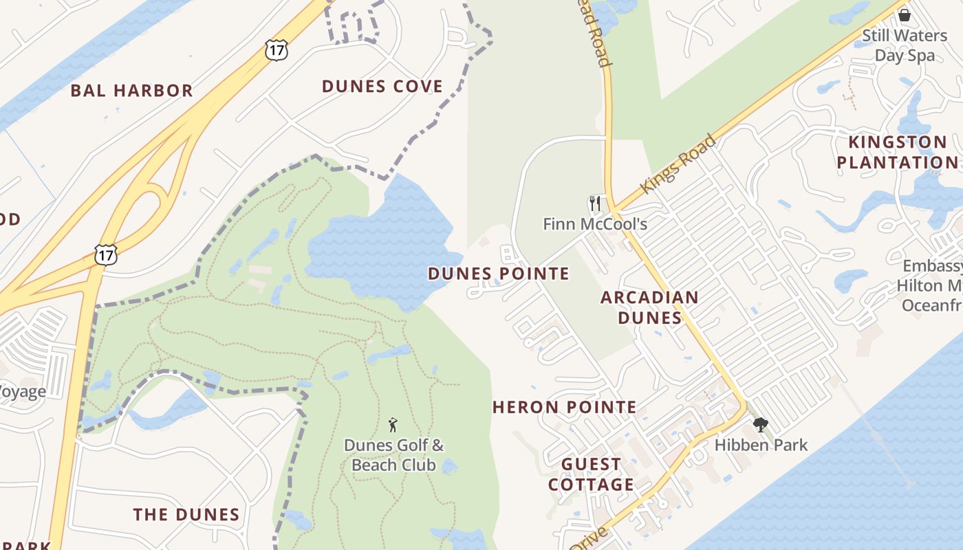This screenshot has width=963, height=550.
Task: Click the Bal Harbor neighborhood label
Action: coord(131,91)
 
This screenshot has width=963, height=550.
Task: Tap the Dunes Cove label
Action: coord(382,87)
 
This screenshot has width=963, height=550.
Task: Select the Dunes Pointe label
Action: coord(499,274)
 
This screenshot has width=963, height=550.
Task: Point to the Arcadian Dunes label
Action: coord(649,307)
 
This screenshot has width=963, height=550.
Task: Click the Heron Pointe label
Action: coord(565,407)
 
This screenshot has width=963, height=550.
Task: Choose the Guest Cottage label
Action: coord(591,474)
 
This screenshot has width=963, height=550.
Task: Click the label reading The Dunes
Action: coord(186,515)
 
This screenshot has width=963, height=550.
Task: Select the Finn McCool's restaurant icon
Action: coord(595,203)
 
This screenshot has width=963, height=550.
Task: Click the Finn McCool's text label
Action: coord(595,224)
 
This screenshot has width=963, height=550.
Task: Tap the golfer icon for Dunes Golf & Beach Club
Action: coord(393,425)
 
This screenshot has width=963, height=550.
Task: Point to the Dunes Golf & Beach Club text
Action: coord(393,455)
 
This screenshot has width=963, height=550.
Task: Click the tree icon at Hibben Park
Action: coord(760,425)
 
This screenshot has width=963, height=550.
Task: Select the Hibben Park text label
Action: coord(761,445)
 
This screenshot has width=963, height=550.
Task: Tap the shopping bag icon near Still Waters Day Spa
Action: coord(904,14)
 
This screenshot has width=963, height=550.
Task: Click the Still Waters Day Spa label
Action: coord(904,45)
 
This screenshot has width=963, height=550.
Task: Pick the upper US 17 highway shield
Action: coord(276,49)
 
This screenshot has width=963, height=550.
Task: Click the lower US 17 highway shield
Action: coord(107,254)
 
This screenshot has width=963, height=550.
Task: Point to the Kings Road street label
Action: coord(678,164)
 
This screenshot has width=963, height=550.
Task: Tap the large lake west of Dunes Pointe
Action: coord(378,247)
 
